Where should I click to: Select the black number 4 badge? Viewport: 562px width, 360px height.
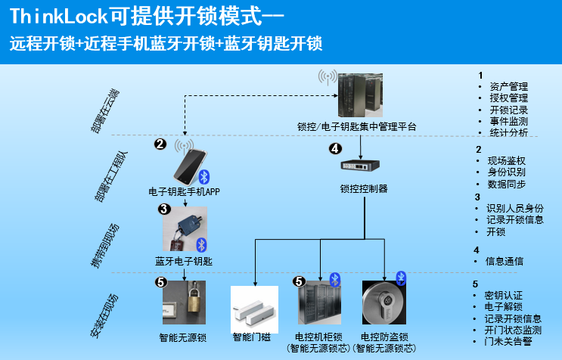[x=336, y=149]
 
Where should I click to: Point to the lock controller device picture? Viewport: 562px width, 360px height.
[x=361, y=166]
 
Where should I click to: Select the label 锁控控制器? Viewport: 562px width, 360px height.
[x=362, y=188]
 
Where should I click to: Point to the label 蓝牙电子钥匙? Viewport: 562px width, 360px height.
[x=184, y=261]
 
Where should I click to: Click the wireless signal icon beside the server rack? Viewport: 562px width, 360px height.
[x=328, y=77]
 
